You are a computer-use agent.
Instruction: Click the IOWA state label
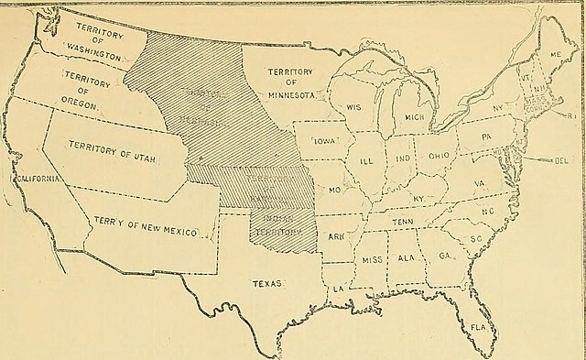(326, 143)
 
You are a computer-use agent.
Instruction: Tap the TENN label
(404, 222)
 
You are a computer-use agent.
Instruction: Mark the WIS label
(353, 107)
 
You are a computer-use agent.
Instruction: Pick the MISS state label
(372, 259)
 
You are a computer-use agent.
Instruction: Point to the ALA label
(407, 258)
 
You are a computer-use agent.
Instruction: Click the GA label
(445, 256)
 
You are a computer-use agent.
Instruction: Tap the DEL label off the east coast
(561, 160)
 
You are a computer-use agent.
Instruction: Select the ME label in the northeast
(555, 54)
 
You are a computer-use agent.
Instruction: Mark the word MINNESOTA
(290, 93)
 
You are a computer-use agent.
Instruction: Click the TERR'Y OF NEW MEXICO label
(146, 227)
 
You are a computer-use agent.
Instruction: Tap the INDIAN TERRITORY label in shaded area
(282, 226)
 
